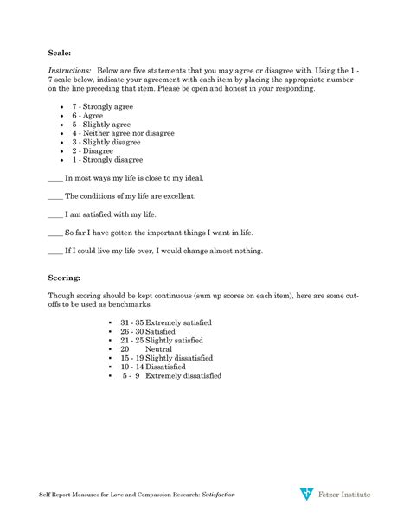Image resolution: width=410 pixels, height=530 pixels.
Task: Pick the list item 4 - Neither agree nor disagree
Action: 123,133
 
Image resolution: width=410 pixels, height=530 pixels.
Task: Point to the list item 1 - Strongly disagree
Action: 107,161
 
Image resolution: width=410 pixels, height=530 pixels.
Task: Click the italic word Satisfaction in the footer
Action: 218,495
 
